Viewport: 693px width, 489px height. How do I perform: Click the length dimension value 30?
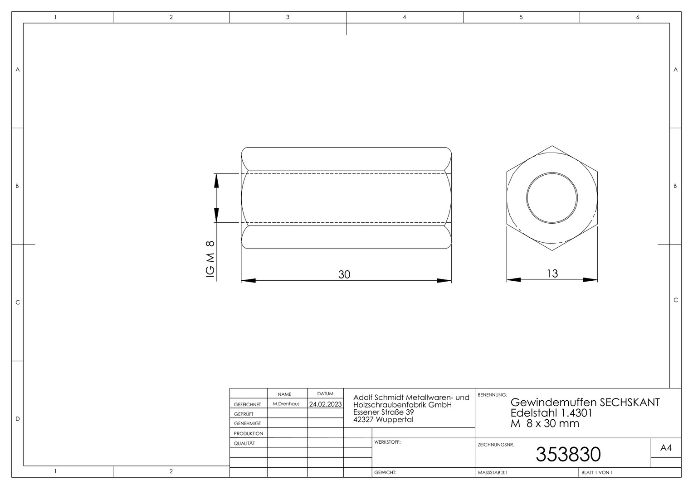coord(344,274)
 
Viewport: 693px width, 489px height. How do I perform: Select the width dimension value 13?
coord(552,273)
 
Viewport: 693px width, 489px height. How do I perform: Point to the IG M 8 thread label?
coord(210,259)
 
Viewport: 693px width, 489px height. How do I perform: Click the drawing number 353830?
coord(568,454)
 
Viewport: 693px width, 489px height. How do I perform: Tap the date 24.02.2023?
coord(326,404)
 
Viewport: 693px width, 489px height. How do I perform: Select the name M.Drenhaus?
coord(286,404)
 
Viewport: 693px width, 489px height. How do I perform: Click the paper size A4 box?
coord(666,448)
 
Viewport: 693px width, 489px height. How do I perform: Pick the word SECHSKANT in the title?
coord(630,402)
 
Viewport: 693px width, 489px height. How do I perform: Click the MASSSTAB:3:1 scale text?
coord(493,473)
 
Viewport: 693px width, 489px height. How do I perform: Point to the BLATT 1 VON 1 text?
coord(597,473)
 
